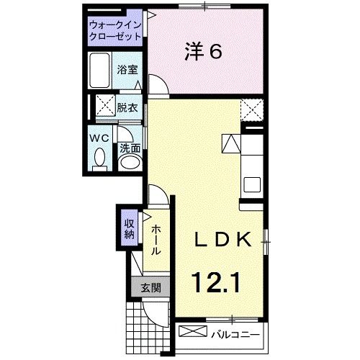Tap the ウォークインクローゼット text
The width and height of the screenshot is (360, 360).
(x=116, y=30)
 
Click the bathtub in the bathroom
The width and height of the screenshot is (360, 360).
(x=102, y=73)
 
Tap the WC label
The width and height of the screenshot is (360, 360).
(x=99, y=136)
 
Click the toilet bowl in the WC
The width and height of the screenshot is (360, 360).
(x=99, y=156)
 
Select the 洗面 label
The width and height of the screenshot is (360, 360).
(x=130, y=147)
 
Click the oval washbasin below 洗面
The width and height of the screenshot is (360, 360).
(x=130, y=162)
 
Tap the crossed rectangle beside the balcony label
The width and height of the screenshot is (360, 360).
(x=192, y=332)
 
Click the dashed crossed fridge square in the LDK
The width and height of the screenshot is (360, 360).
(x=251, y=110)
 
